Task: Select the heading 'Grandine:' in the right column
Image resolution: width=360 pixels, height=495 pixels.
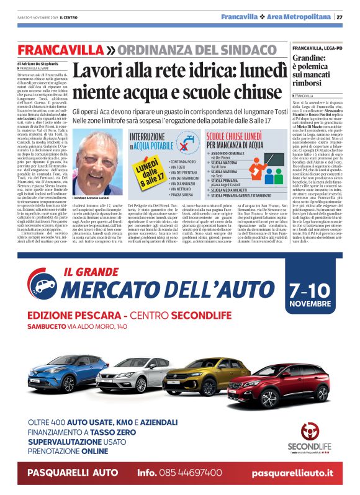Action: tap(311, 60)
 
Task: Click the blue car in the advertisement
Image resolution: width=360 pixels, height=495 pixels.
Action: tap(60, 372)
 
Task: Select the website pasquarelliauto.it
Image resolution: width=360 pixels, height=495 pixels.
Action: tap(292, 473)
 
